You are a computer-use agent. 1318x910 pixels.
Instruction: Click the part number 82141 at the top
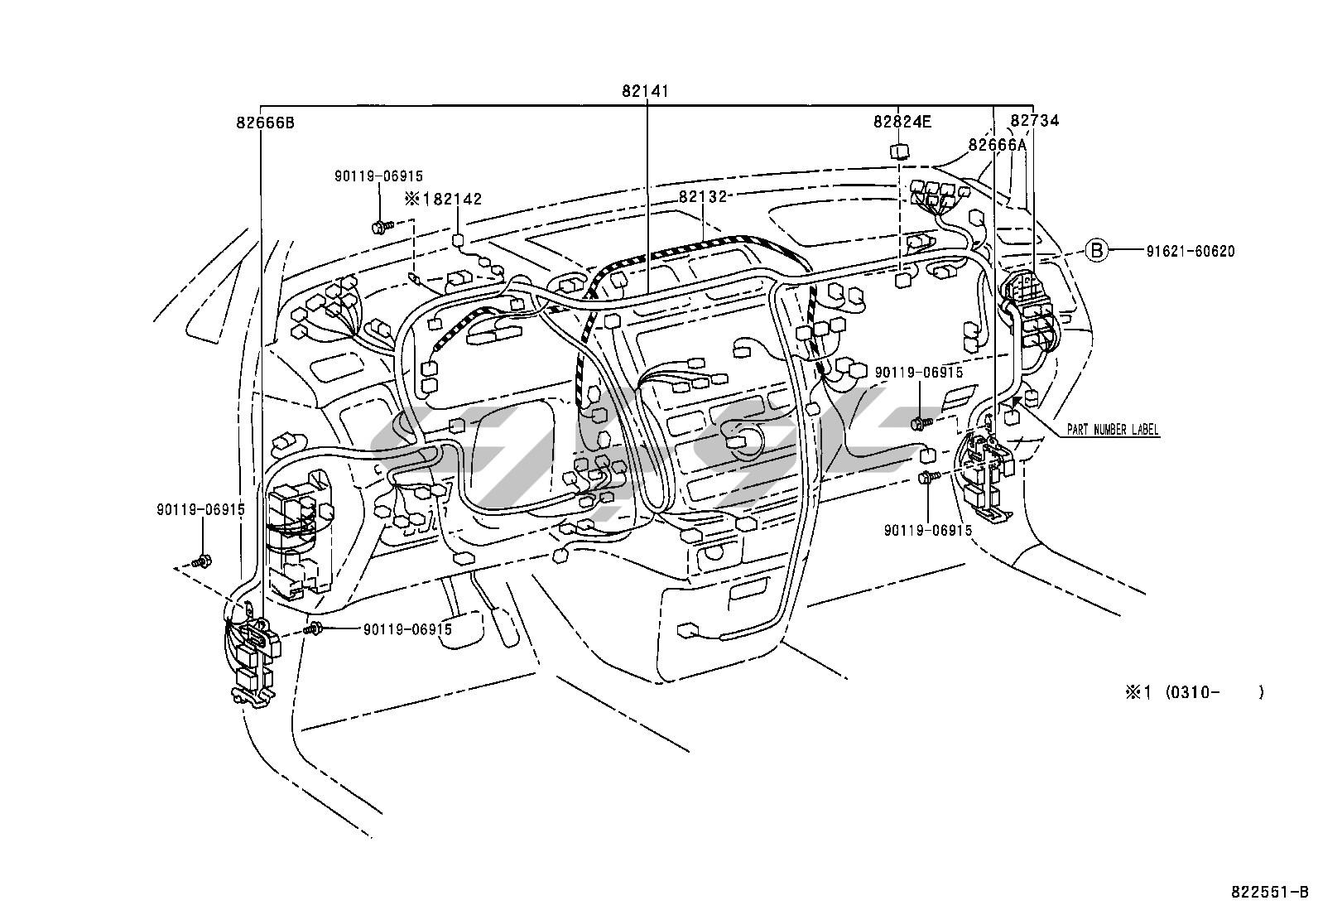[x=646, y=91]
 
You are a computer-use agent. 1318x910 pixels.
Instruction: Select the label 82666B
[x=266, y=123]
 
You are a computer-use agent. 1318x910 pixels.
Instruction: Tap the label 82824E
[x=902, y=122]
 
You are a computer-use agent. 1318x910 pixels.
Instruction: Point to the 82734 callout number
[x=1035, y=121]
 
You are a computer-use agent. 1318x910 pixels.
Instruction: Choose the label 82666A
[x=998, y=145]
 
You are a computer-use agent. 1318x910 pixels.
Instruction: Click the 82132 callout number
[x=703, y=196]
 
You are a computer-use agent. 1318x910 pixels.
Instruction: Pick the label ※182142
[x=443, y=199]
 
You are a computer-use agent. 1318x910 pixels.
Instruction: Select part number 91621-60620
[x=1191, y=252]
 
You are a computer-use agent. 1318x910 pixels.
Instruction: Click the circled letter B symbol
[x=1097, y=251]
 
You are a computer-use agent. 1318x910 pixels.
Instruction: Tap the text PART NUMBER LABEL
[x=1113, y=430]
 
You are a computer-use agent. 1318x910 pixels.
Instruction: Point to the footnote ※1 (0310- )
[x=1195, y=692]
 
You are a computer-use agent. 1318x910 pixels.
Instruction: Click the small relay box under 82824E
[x=899, y=152]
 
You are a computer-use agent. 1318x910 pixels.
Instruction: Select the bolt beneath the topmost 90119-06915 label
[x=383, y=226]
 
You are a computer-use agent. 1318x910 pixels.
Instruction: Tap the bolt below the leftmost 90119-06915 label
[x=203, y=561]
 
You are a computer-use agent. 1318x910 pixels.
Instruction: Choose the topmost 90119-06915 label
[x=379, y=176]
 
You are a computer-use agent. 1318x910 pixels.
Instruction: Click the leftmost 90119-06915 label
[x=200, y=509]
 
